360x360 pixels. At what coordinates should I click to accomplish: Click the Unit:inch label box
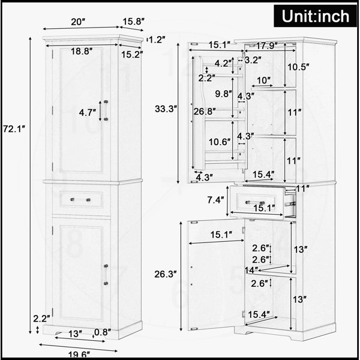coord(315,16)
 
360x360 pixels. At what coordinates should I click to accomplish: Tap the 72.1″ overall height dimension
coord(14,129)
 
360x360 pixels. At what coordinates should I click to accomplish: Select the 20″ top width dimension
coord(78,22)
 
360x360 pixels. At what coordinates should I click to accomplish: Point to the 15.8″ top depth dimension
coord(133,22)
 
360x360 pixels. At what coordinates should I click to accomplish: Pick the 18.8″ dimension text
coord(82,51)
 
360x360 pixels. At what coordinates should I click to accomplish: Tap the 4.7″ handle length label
coord(87,113)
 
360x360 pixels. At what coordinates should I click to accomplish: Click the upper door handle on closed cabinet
coord(106,110)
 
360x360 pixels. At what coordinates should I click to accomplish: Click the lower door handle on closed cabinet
coord(106,275)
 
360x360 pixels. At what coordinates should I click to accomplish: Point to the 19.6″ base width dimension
coord(79,355)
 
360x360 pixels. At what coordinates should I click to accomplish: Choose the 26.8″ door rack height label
coord(205,112)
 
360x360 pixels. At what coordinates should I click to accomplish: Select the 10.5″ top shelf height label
coord(298,67)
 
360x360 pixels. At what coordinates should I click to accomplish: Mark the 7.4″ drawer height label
coord(215,200)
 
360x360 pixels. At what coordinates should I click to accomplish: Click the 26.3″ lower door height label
coord(166,274)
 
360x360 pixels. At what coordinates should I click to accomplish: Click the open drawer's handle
coord(255,203)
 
